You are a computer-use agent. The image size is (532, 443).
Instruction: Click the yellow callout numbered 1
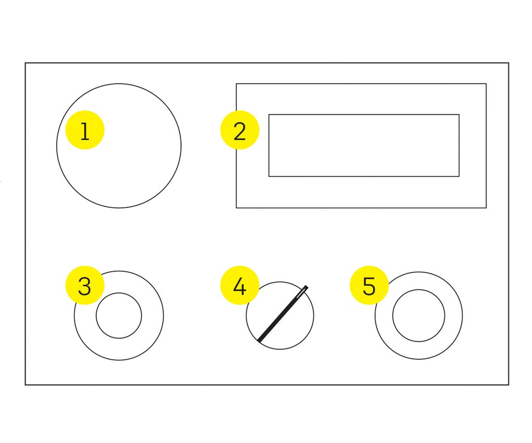click(85, 130)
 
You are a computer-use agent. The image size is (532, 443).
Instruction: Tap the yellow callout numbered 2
click(240, 130)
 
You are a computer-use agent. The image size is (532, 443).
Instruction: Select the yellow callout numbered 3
click(85, 285)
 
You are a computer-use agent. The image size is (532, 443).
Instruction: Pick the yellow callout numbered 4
click(240, 285)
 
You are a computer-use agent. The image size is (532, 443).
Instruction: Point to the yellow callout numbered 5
click(369, 285)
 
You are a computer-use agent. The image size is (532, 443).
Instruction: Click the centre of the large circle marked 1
click(119, 146)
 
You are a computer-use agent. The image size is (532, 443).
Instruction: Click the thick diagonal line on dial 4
click(283, 314)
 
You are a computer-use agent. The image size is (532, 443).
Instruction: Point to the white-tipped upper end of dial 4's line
click(307, 287)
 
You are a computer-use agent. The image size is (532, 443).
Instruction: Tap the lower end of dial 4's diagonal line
click(259, 340)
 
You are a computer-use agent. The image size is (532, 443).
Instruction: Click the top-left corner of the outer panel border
click(25, 63)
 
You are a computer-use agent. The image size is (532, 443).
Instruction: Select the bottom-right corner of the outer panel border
click(509, 385)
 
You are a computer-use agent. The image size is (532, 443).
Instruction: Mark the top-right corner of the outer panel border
click(509, 63)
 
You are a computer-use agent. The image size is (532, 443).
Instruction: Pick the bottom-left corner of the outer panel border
click(25, 385)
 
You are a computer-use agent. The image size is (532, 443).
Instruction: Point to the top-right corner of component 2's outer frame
click(486, 84)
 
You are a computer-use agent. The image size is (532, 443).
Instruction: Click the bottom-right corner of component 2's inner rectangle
click(459, 177)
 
